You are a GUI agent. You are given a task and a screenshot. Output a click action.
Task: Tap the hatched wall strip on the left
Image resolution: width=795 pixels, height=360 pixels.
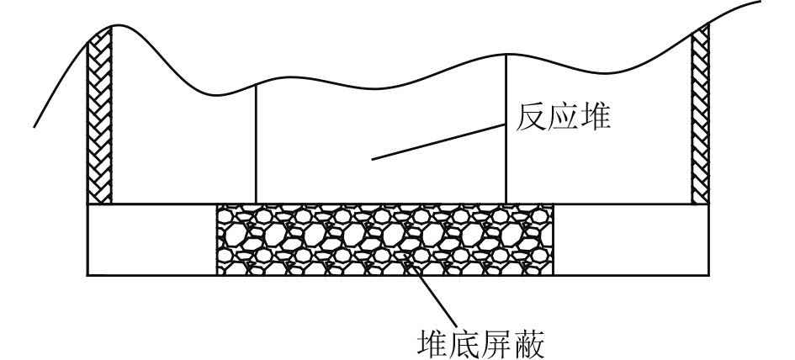[x=99, y=118]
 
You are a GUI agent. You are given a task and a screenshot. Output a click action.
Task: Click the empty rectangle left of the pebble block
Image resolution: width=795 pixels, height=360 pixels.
[x=151, y=240]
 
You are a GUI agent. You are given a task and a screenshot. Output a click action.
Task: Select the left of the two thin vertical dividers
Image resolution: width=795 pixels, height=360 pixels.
[x=256, y=143]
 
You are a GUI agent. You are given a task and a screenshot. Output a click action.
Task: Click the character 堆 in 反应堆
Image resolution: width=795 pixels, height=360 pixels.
[x=597, y=119]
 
